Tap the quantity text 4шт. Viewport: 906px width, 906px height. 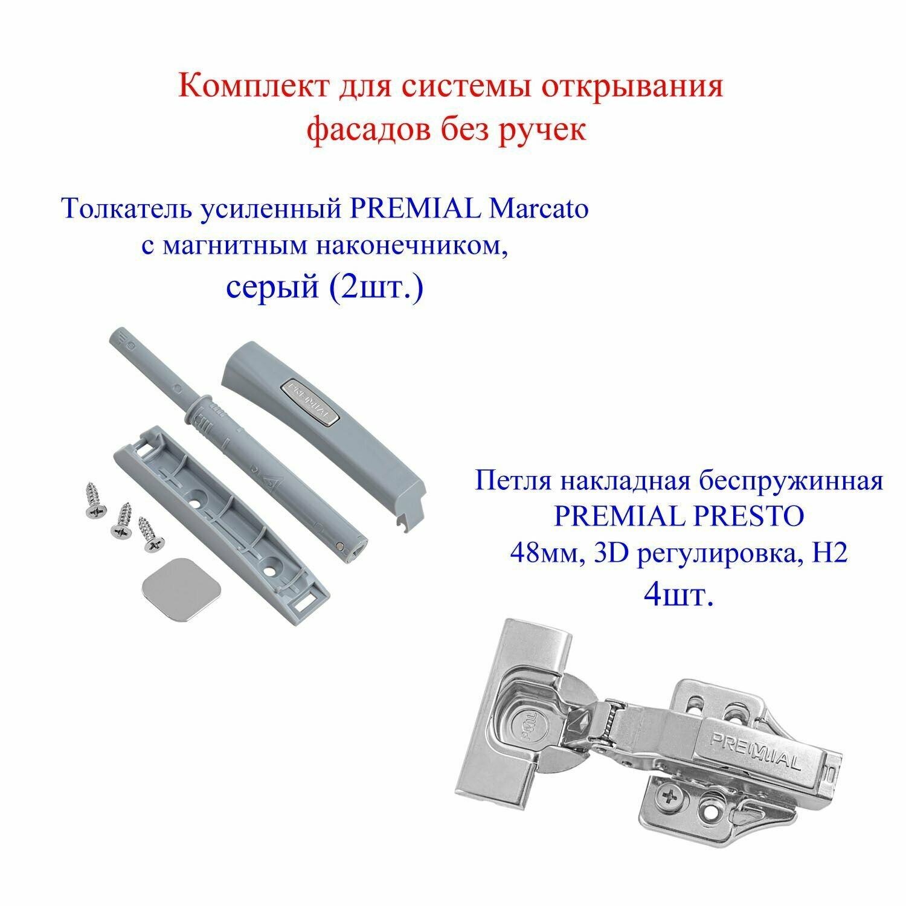pyautogui.click(x=679, y=596)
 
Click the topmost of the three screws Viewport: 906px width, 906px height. pyautogui.click(x=97, y=499)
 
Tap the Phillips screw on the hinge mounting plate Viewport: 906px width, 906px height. pyautogui.click(x=671, y=800)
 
